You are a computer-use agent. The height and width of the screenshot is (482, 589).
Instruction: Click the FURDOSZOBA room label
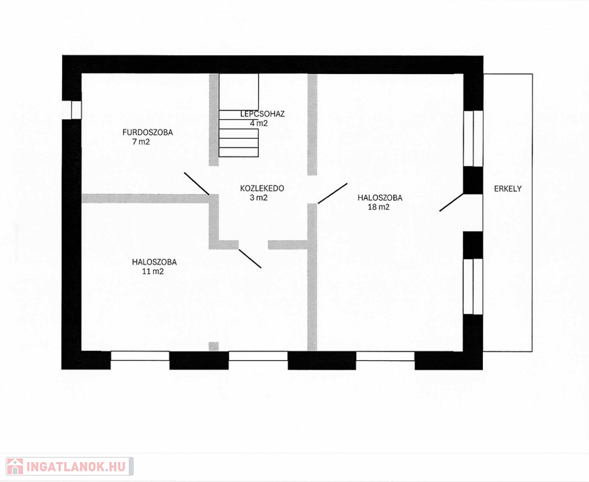pyautogui.click(x=148, y=132)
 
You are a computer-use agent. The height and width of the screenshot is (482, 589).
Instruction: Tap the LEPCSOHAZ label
pyautogui.click(x=262, y=114)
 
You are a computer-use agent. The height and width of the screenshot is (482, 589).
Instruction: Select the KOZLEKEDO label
pyautogui.click(x=262, y=188)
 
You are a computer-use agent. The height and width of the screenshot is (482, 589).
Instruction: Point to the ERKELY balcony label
pyautogui.click(x=508, y=189)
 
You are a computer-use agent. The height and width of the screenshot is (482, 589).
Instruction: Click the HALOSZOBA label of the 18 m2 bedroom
pyautogui.click(x=380, y=198)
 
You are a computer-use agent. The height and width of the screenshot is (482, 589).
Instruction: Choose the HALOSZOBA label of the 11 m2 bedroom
pyautogui.click(x=154, y=262)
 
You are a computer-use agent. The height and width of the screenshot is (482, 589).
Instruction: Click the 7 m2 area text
pyautogui.click(x=141, y=142)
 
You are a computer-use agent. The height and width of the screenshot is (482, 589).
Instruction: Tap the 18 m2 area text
pyautogui.click(x=379, y=207)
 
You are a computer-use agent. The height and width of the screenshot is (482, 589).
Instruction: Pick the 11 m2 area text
pyautogui.click(x=153, y=271)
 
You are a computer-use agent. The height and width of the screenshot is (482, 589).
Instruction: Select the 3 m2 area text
pyautogui.click(x=259, y=198)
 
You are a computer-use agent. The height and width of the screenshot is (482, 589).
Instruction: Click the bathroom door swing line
pyautogui.click(x=197, y=183)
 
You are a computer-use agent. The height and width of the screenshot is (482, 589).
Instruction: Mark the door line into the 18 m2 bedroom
pyautogui.click(x=332, y=193)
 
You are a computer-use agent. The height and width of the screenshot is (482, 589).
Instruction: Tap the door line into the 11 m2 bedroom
pyautogui.click(x=250, y=259)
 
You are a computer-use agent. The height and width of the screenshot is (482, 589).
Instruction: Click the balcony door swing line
pyautogui.click(x=451, y=202)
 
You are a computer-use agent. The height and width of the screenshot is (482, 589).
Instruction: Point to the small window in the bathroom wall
pyautogui.click(x=76, y=110)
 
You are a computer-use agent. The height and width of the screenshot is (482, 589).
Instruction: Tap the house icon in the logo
pyautogui.click(x=14, y=466)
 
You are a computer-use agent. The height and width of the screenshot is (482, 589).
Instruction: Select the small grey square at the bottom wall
pyautogui.click(x=213, y=346)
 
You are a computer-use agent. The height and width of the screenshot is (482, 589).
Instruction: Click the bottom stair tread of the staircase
pyautogui.click(x=239, y=152)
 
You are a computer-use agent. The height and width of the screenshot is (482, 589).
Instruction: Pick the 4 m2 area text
pyautogui.click(x=259, y=123)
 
